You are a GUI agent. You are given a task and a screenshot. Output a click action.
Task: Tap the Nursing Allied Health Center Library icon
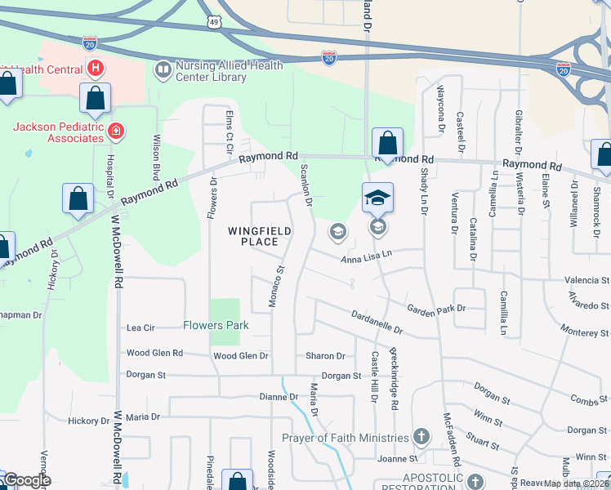[163, 70]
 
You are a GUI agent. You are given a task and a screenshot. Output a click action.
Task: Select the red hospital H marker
[96, 67]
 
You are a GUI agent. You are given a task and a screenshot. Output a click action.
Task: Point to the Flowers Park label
[216, 325]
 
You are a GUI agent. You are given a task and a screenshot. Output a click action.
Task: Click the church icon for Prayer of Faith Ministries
[421, 437]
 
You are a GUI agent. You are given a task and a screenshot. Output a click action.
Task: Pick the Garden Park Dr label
[436, 309]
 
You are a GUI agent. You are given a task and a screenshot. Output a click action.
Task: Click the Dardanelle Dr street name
[377, 321]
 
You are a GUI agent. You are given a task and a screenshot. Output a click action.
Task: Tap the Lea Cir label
[140, 327]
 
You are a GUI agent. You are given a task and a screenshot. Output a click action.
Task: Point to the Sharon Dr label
[325, 356]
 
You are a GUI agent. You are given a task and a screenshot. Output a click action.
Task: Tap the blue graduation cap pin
[378, 198]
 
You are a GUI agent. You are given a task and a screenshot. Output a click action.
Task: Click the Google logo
[28, 480]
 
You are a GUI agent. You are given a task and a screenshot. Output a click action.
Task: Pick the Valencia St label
[587, 280]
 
